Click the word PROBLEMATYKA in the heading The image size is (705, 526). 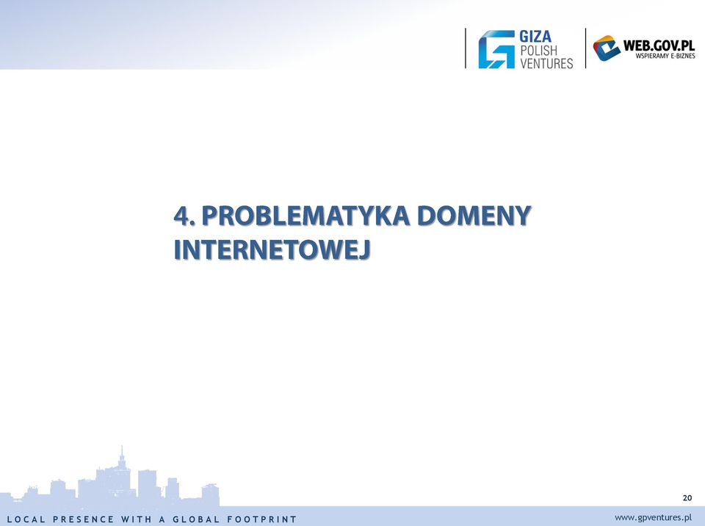tap(305, 216)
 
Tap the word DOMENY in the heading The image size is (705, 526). tap(474, 216)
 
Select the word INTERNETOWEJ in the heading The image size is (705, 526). tap(272, 249)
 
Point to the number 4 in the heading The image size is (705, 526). tap(181, 216)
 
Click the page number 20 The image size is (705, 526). tap(687, 497)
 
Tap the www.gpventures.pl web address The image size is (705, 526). tap(653, 517)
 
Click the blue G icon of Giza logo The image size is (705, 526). tap(496, 49)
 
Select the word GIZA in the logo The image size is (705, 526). tap(535, 37)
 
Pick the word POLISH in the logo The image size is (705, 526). tap(538, 51)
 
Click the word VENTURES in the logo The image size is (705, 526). tap(546, 63)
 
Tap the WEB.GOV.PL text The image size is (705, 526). tap(659, 45)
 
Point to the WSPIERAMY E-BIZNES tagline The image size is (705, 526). tap(665, 56)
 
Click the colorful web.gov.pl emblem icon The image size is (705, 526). tap(607, 48)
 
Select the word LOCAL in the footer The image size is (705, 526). tap(26, 519)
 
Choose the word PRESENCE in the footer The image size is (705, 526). tap(84, 519)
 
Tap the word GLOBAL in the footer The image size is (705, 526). tap(196, 519)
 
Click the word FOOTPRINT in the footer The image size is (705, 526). tap(261, 519)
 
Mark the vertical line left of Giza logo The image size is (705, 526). tap(466, 48)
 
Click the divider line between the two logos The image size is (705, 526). tap(585, 48)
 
